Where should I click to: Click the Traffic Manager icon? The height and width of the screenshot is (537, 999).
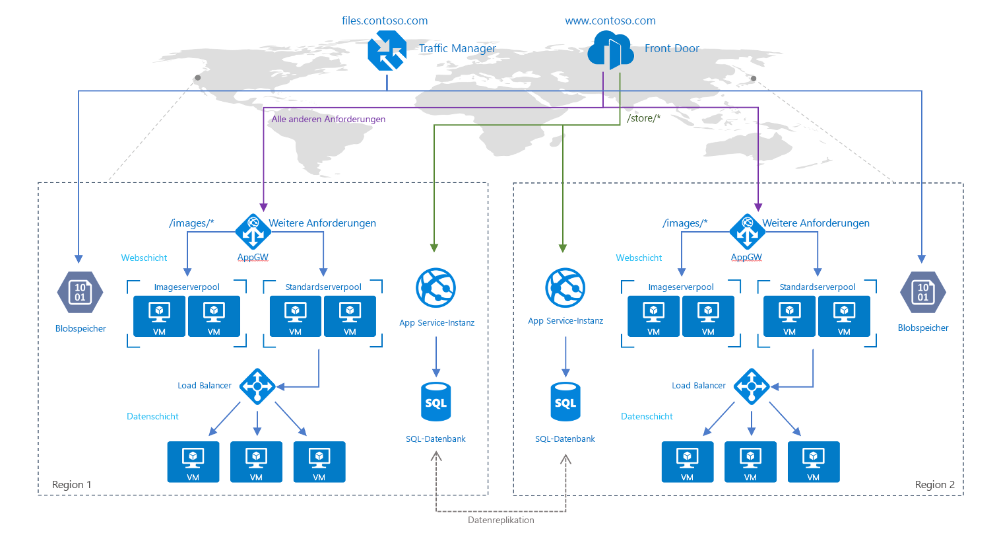pos(387,51)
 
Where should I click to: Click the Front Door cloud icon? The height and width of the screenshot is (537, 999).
pos(610,50)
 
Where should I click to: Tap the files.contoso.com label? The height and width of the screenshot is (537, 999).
pos(385,20)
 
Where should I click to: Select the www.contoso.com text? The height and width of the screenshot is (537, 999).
pos(610,20)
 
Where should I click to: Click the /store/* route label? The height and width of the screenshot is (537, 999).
pos(643,118)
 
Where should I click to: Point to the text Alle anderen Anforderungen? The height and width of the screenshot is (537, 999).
pos(329,119)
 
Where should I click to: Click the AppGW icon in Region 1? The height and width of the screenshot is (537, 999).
pos(253,231)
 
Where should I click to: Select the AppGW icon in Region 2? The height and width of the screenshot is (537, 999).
pos(747,231)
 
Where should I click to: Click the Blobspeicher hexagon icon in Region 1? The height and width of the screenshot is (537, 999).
pos(80,292)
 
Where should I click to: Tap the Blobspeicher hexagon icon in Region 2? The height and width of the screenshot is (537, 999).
pos(922,291)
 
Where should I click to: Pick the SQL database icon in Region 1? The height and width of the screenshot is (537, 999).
pos(435,402)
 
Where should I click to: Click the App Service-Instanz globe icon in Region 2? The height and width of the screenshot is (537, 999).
pos(565,288)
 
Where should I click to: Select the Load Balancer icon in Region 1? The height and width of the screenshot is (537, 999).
pos(257,386)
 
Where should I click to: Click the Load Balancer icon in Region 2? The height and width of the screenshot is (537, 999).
pos(752,386)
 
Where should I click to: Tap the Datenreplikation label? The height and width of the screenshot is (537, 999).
pos(501,520)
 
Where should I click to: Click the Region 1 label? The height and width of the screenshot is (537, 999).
pos(71,485)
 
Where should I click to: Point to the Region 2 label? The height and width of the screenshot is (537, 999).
pos(934,485)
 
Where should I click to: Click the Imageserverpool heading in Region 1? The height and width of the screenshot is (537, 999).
pos(187,287)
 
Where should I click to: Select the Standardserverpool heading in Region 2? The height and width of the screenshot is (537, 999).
pos(817,287)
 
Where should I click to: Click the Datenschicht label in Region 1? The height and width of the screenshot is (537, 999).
pos(152,417)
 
